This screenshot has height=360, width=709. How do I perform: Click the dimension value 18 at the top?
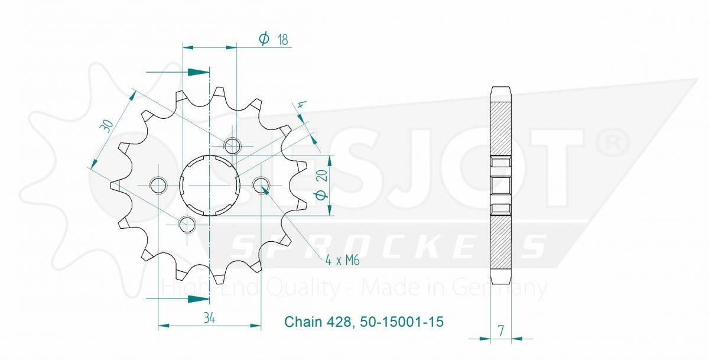(x=283, y=40)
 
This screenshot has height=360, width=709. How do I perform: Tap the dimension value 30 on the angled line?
(x=106, y=126)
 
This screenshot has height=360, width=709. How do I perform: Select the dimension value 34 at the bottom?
(x=209, y=317)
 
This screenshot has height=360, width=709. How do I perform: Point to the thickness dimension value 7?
(x=501, y=331)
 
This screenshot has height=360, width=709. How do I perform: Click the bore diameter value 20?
(x=322, y=176)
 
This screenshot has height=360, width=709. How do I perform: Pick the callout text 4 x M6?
(x=343, y=261)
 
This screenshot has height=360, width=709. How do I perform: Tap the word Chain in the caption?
(x=303, y=322)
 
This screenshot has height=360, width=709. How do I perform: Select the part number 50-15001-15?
(x=402, y=322)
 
